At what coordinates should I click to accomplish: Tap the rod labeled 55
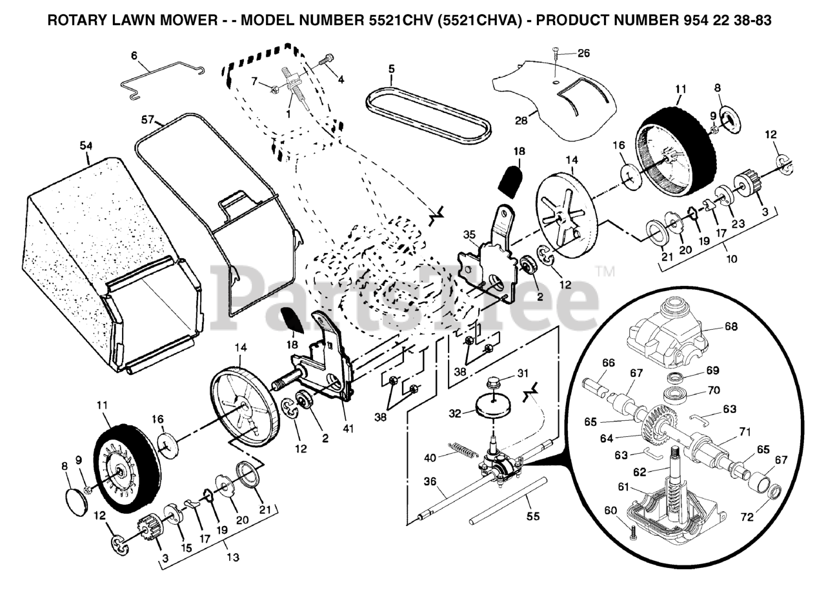[510, 500]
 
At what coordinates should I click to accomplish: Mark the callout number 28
[521, 120]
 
